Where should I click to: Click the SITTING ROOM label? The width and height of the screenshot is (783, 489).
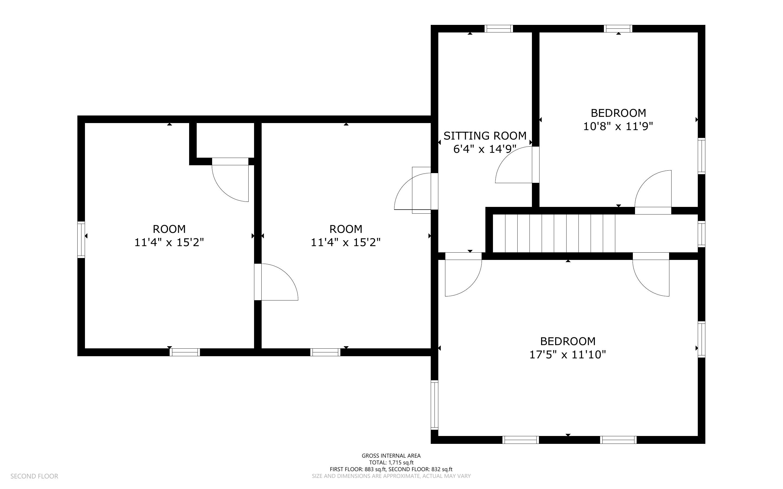pos(485,136)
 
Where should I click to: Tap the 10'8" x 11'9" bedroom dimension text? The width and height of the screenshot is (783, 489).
pos(618,126)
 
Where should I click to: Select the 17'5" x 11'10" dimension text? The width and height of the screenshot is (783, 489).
pos(568,355)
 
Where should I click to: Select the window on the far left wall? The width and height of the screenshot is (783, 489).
pos(81,239)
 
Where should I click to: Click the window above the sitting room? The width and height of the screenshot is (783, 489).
pos(499,28)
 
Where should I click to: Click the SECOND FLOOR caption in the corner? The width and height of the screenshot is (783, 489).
pos(34,476)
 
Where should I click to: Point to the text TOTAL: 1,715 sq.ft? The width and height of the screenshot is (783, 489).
pos(391,462)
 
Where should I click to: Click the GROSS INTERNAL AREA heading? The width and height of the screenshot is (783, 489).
pos(391,456)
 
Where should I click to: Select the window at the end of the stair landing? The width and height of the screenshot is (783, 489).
pos(701,234)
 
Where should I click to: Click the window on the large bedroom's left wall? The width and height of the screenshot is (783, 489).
pos(434,405)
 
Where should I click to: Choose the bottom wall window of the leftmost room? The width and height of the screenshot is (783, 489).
pos(185,352)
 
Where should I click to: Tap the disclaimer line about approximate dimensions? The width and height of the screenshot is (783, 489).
pos(391,476)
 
